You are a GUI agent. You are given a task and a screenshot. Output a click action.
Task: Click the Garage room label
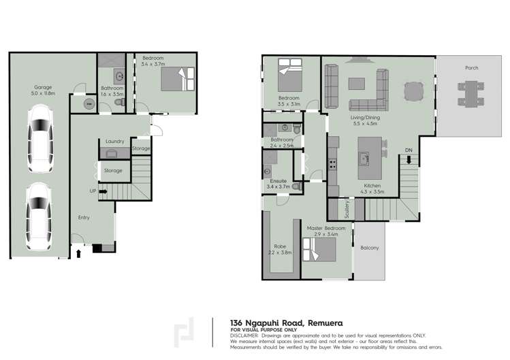(x=44, y=87)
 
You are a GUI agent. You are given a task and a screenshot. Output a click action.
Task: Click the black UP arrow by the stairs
(x=103, y=191)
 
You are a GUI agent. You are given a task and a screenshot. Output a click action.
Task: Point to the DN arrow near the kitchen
(x=408, y=160)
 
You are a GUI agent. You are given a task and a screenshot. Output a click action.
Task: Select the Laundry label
(x=114, y=142)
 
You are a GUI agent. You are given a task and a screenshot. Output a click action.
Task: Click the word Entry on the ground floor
(x=83, y=217)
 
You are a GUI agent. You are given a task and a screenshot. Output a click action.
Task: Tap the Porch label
(x=471, y=68)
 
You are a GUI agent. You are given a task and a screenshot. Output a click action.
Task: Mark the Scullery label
(x=347, y=209)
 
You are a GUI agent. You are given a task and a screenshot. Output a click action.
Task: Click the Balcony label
(x=369, y=248)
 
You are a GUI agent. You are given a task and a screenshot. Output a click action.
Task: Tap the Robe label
(x=279, y=246)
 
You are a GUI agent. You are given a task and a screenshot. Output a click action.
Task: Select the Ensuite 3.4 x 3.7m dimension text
(x=279, y=186)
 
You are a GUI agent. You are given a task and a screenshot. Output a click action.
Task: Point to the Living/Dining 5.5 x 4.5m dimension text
(x=366, y=124)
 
